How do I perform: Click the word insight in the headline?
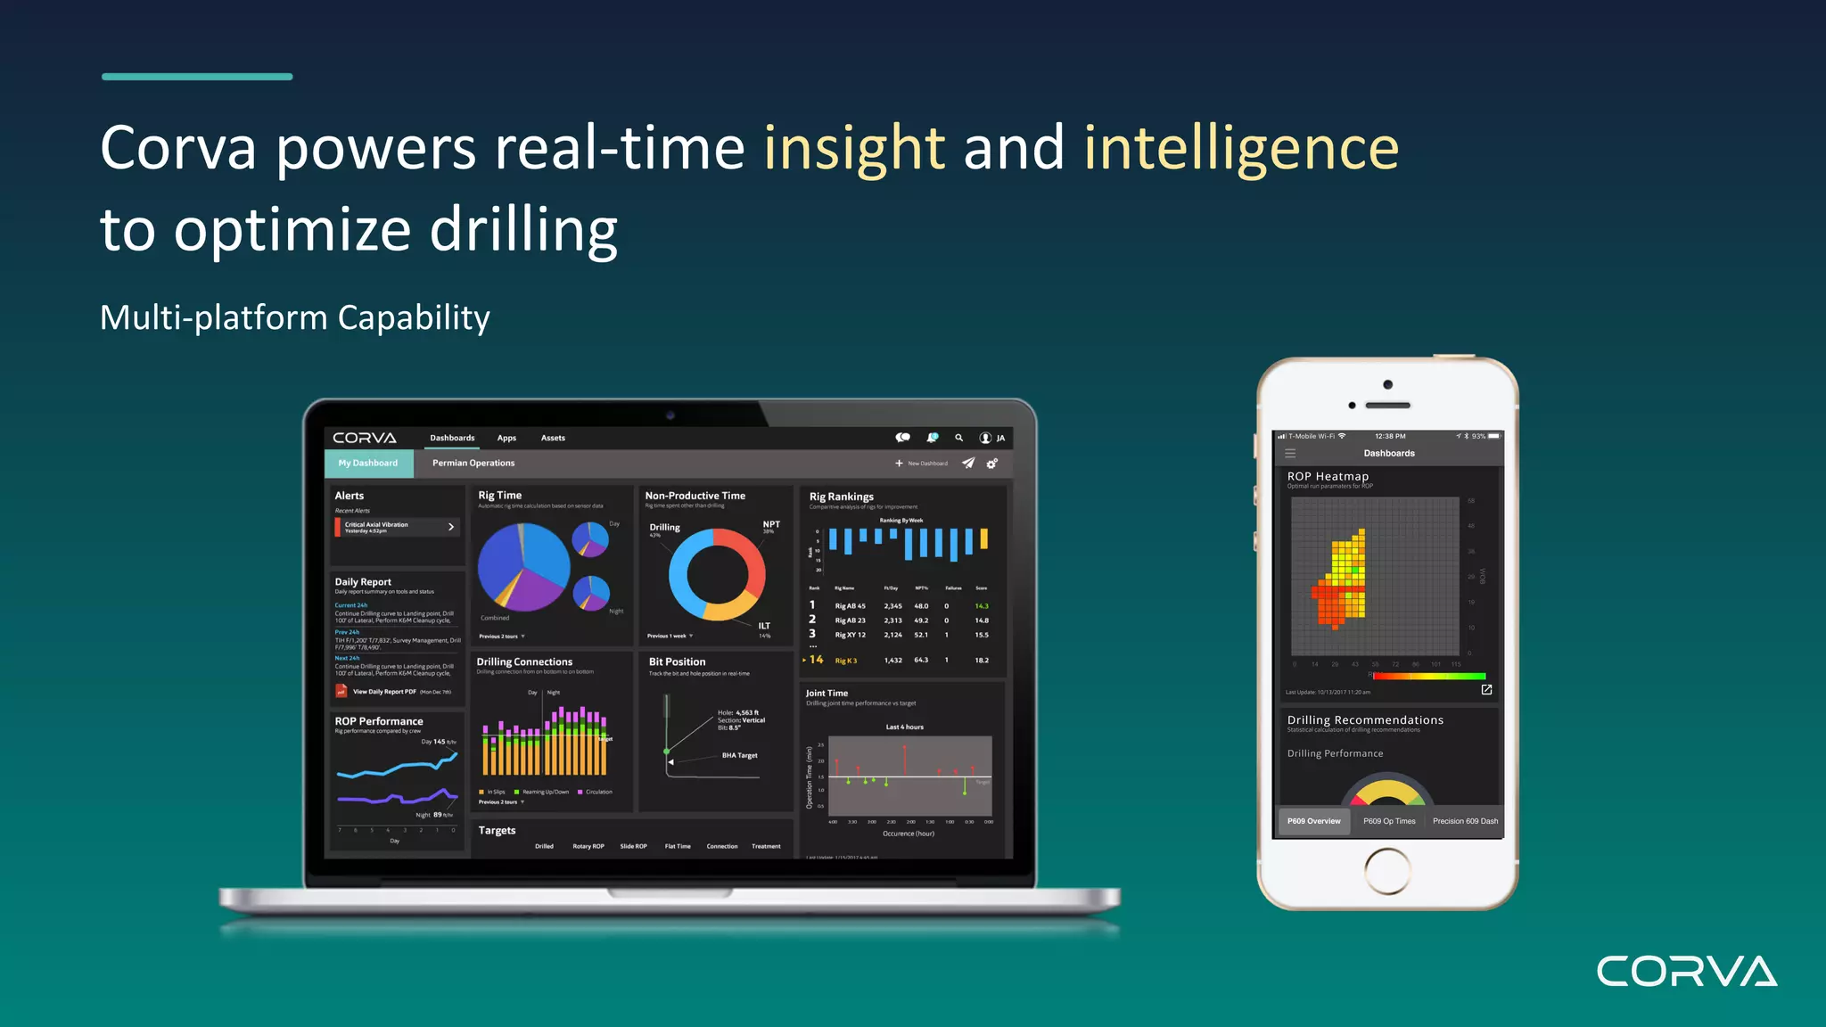[853, 148]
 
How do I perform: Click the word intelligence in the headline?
[1241, 148]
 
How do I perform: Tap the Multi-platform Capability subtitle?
[294, 318]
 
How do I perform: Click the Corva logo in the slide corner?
[1686, 971]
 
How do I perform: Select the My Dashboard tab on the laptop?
[368, 464]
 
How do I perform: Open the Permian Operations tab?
[473, 464]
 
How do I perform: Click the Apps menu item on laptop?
[506, 439]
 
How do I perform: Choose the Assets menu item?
[553, 439]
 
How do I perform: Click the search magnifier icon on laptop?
[959, 438]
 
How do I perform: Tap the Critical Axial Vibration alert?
[395, 527]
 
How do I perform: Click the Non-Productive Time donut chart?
[717, 574]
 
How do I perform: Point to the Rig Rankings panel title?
[841, 497]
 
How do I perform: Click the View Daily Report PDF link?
[384, 692]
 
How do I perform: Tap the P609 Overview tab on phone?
[1313, 821]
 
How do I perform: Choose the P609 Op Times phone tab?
[1389, 821]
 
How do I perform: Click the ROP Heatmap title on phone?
[1328, 477]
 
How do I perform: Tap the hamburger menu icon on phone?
[1290, 454]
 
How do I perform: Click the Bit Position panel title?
[677, 662]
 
